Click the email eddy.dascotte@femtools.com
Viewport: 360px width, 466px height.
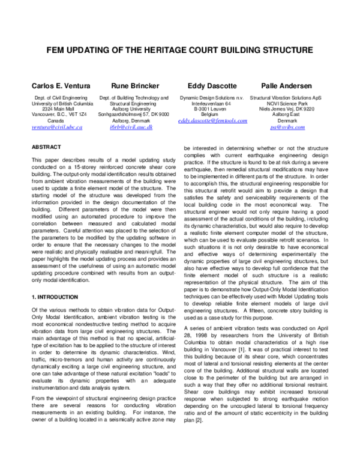pos(213,120)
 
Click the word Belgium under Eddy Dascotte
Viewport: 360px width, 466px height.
pos(212,113)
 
